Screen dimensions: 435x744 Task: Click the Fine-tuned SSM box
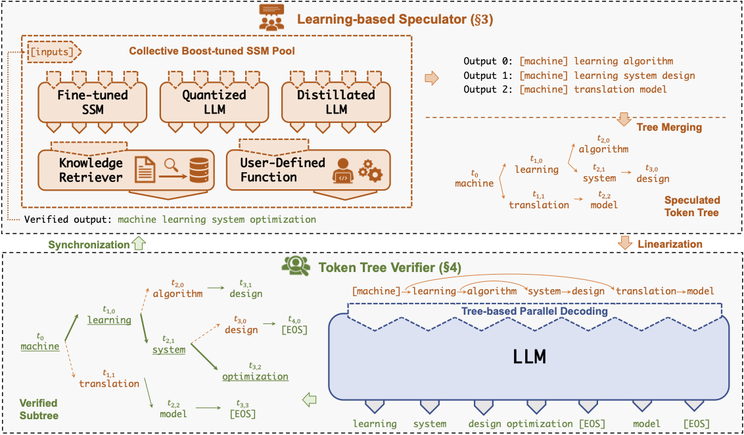92,102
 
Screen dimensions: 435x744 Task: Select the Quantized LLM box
214,102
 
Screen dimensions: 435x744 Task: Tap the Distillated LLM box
337,102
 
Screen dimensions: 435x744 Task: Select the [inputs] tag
51,51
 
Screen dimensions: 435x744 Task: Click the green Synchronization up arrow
137,244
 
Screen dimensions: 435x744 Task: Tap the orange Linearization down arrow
625,244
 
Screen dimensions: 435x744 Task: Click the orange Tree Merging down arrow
625,120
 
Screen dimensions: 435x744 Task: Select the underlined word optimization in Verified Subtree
255,377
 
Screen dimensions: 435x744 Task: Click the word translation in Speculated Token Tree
539,204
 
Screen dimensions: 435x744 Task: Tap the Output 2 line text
565,89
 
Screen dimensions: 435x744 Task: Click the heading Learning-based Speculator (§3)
395,19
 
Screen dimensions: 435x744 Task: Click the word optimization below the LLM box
540,424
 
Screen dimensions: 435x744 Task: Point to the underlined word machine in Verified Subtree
40,346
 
